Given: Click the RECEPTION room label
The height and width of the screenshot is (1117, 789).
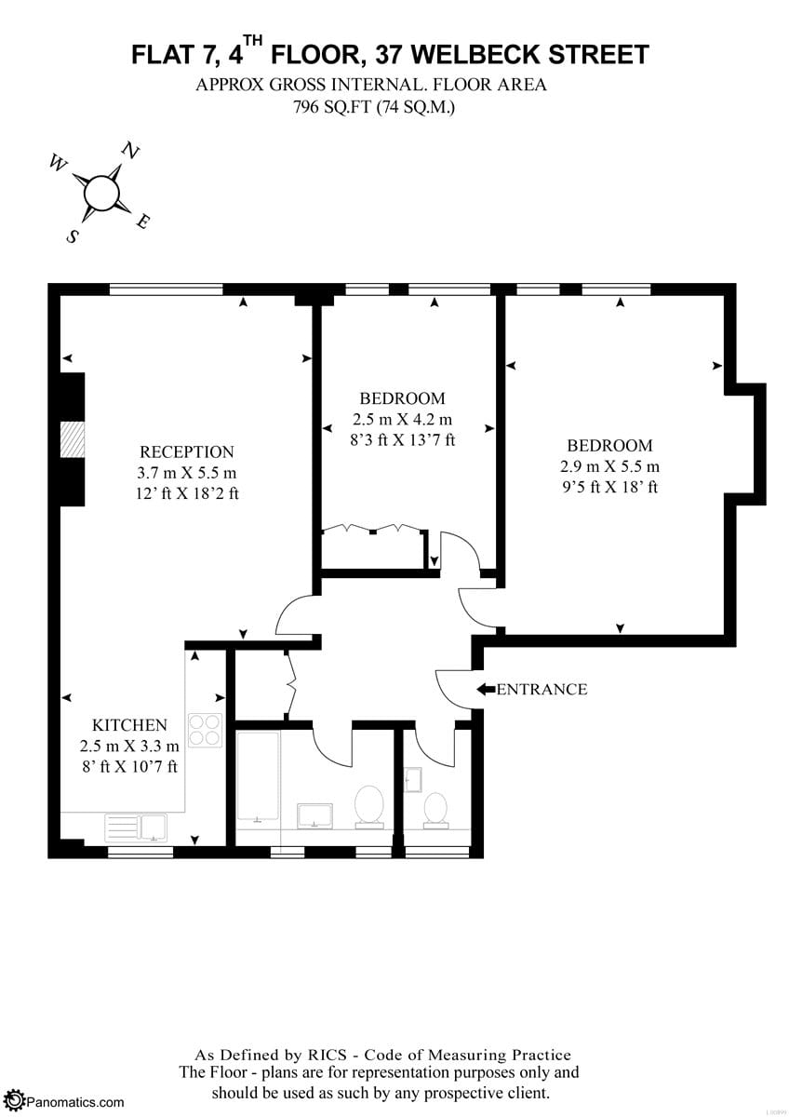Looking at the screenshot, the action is [x=186, y=451].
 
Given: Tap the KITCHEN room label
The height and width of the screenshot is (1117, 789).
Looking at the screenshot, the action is [x=129, y=725].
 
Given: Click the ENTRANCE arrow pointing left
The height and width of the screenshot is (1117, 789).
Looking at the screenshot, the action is [x=486, y=689].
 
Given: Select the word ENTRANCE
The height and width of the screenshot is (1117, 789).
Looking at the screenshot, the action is [x=542, y=689].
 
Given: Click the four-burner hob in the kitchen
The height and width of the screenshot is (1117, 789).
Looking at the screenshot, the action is [x=205, y=730].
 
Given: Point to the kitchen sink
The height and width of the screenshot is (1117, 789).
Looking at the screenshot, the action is [x=136, y=828].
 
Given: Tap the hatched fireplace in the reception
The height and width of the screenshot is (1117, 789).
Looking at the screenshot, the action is [x=73, y=439].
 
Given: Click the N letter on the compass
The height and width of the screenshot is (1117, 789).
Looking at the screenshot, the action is [x=130, y=150].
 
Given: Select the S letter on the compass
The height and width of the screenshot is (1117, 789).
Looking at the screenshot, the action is [x=73, y=236].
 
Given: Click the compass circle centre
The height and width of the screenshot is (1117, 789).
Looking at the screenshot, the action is [x=101, y=193].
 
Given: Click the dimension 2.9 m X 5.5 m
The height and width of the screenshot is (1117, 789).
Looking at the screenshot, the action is [x=609, y=466].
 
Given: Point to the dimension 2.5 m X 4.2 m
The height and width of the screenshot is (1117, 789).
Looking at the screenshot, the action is [x=402, y=420].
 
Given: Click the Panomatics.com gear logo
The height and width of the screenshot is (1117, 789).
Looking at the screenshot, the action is [x=16, y=1100].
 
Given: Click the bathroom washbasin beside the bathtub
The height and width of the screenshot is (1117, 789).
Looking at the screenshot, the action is [x=314, y=816].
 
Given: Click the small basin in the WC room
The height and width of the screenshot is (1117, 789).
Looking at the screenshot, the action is [x=413, y=780].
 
